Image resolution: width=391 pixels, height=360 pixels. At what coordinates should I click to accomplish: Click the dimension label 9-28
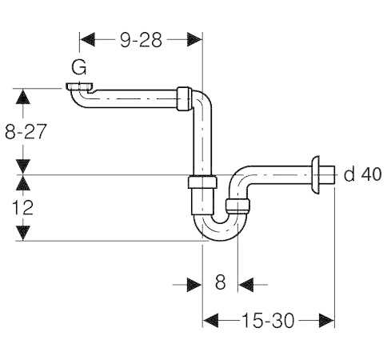[142, 40]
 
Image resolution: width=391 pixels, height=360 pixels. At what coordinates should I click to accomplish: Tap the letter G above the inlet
[79, 68]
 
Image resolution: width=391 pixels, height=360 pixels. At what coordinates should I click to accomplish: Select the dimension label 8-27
[24, 132]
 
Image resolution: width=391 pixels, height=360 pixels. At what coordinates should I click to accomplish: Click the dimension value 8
[221, 282]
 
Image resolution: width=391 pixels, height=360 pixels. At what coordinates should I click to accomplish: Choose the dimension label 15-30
[268, 320]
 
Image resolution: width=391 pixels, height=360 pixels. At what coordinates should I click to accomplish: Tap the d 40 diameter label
[362, 174]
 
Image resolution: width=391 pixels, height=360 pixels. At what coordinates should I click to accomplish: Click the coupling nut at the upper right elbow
[184, 96]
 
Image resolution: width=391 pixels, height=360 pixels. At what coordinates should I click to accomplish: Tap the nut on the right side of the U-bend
[236, 206]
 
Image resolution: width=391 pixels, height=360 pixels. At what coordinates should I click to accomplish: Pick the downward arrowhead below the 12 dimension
[24, 231]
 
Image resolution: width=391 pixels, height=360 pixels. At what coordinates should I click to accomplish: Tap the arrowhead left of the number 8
[194, 282]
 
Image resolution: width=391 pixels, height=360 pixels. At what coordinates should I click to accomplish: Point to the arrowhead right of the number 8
[246, 282]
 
